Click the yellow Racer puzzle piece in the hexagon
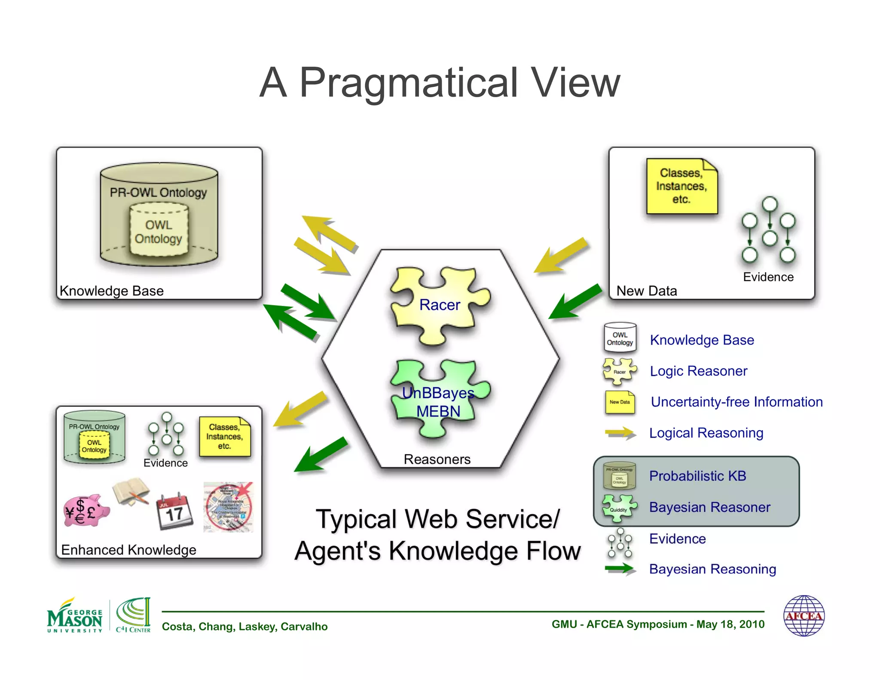pos(438,305)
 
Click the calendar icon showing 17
pos(174,512)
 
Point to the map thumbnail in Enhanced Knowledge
pos(228,507)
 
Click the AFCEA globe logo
pos(804,616)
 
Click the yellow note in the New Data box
pos(681,186)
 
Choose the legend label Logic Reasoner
pos(698,371)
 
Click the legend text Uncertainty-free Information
pos(736,402)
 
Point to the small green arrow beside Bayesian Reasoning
pos(620,569)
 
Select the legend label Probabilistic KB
pos(697,476)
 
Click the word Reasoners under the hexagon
pos(437,459)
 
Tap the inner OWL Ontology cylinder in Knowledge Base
pos(159,231)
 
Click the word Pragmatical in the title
pos(408,83)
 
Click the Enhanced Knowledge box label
pos(128,550)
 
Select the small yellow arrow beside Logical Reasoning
pos(620,433)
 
